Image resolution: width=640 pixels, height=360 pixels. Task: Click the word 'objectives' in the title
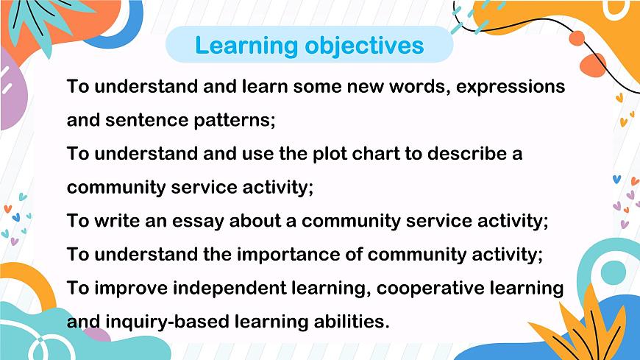pyautogui.click(x=366, y=46)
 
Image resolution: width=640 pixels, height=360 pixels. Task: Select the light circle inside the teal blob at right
pyautogui.click(x=613, y=272)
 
